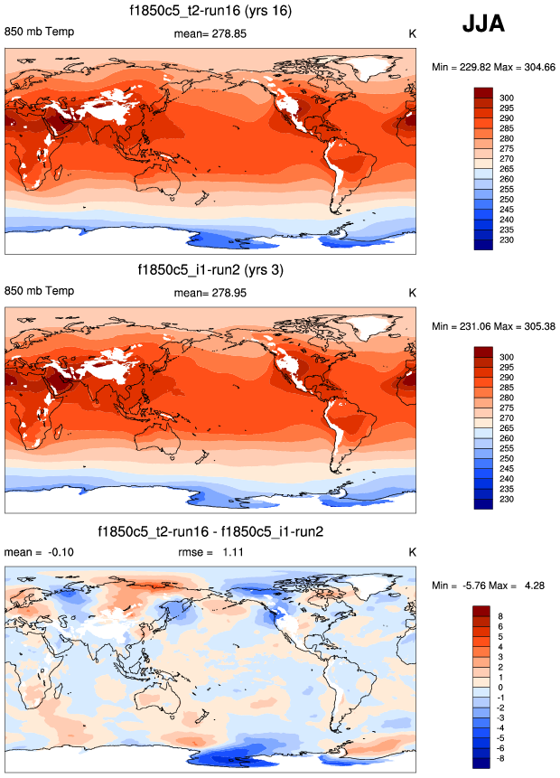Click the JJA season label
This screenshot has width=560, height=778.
click(483, 25)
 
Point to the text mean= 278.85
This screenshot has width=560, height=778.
click(210, 34)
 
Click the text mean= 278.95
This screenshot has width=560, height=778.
click(210, 293)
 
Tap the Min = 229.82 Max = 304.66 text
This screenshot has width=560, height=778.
click(493, 67)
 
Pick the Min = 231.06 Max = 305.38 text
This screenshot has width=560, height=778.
click(493, 325)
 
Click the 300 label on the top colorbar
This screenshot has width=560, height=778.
click(507, 96)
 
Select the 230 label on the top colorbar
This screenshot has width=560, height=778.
click(507, 241)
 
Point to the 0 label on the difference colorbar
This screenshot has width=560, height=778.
click(503, 689)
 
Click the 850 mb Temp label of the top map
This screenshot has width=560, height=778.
click(39, 33)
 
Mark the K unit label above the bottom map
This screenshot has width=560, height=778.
click(413, 551)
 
